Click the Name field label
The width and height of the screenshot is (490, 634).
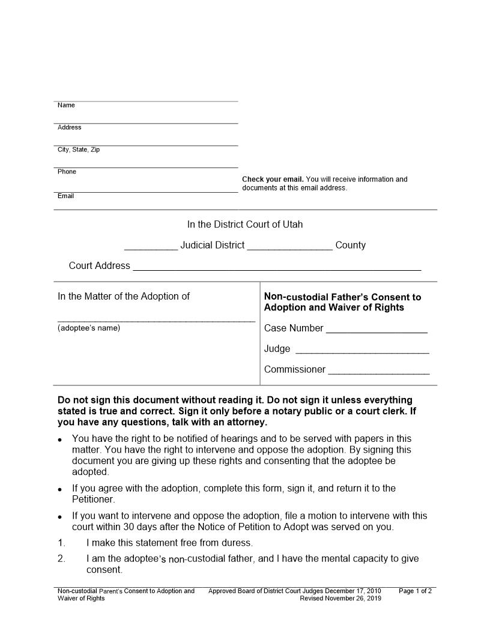(x=66, y=106)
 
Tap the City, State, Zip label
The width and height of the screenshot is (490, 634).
(x=79, y=149)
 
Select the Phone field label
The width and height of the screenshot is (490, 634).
(x=67, y=172)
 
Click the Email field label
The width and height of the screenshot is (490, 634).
(x=65, y=196)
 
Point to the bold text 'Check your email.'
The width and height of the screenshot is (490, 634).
(x=273, y=180)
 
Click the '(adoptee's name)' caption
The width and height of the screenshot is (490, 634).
(x=89, y=328)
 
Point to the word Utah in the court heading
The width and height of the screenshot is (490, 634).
(x=293, y=225)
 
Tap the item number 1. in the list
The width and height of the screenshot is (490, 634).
(x=62, y=543)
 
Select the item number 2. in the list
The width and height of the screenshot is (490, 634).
(x=62, y=559)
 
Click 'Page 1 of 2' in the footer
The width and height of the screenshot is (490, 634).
(x=415, y=591)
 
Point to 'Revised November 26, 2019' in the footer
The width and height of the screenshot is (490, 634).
(x=340, y=599)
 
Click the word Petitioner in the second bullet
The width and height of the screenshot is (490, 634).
(x=93, y=500)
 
